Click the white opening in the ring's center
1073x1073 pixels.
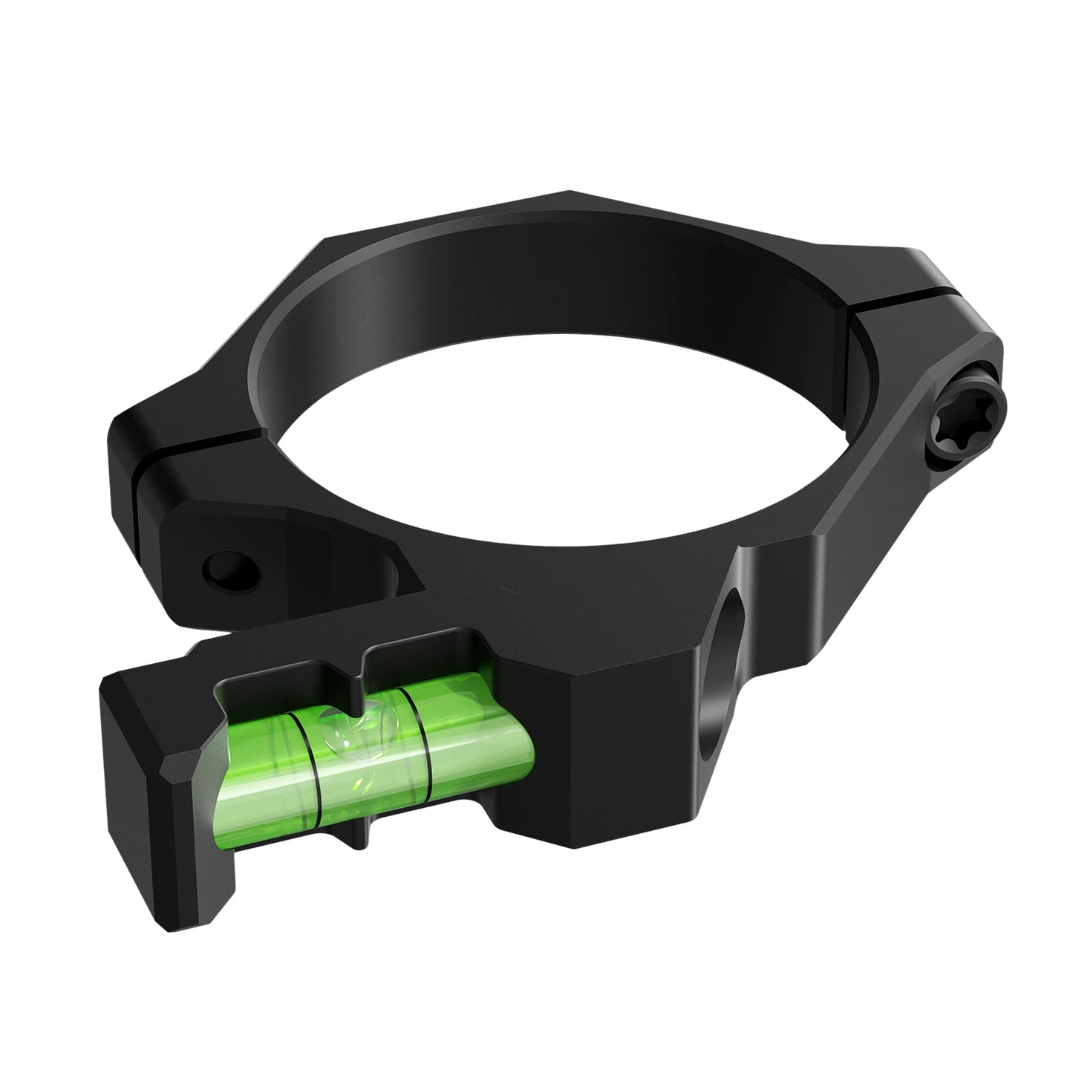pos(564,446)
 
